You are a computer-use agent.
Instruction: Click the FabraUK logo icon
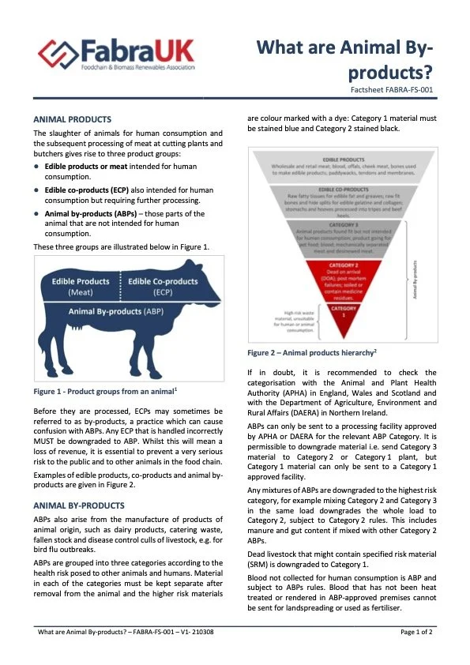[55, 54]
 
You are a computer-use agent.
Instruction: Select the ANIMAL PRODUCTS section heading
[73, 118]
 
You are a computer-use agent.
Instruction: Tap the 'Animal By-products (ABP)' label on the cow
[115, 311]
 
